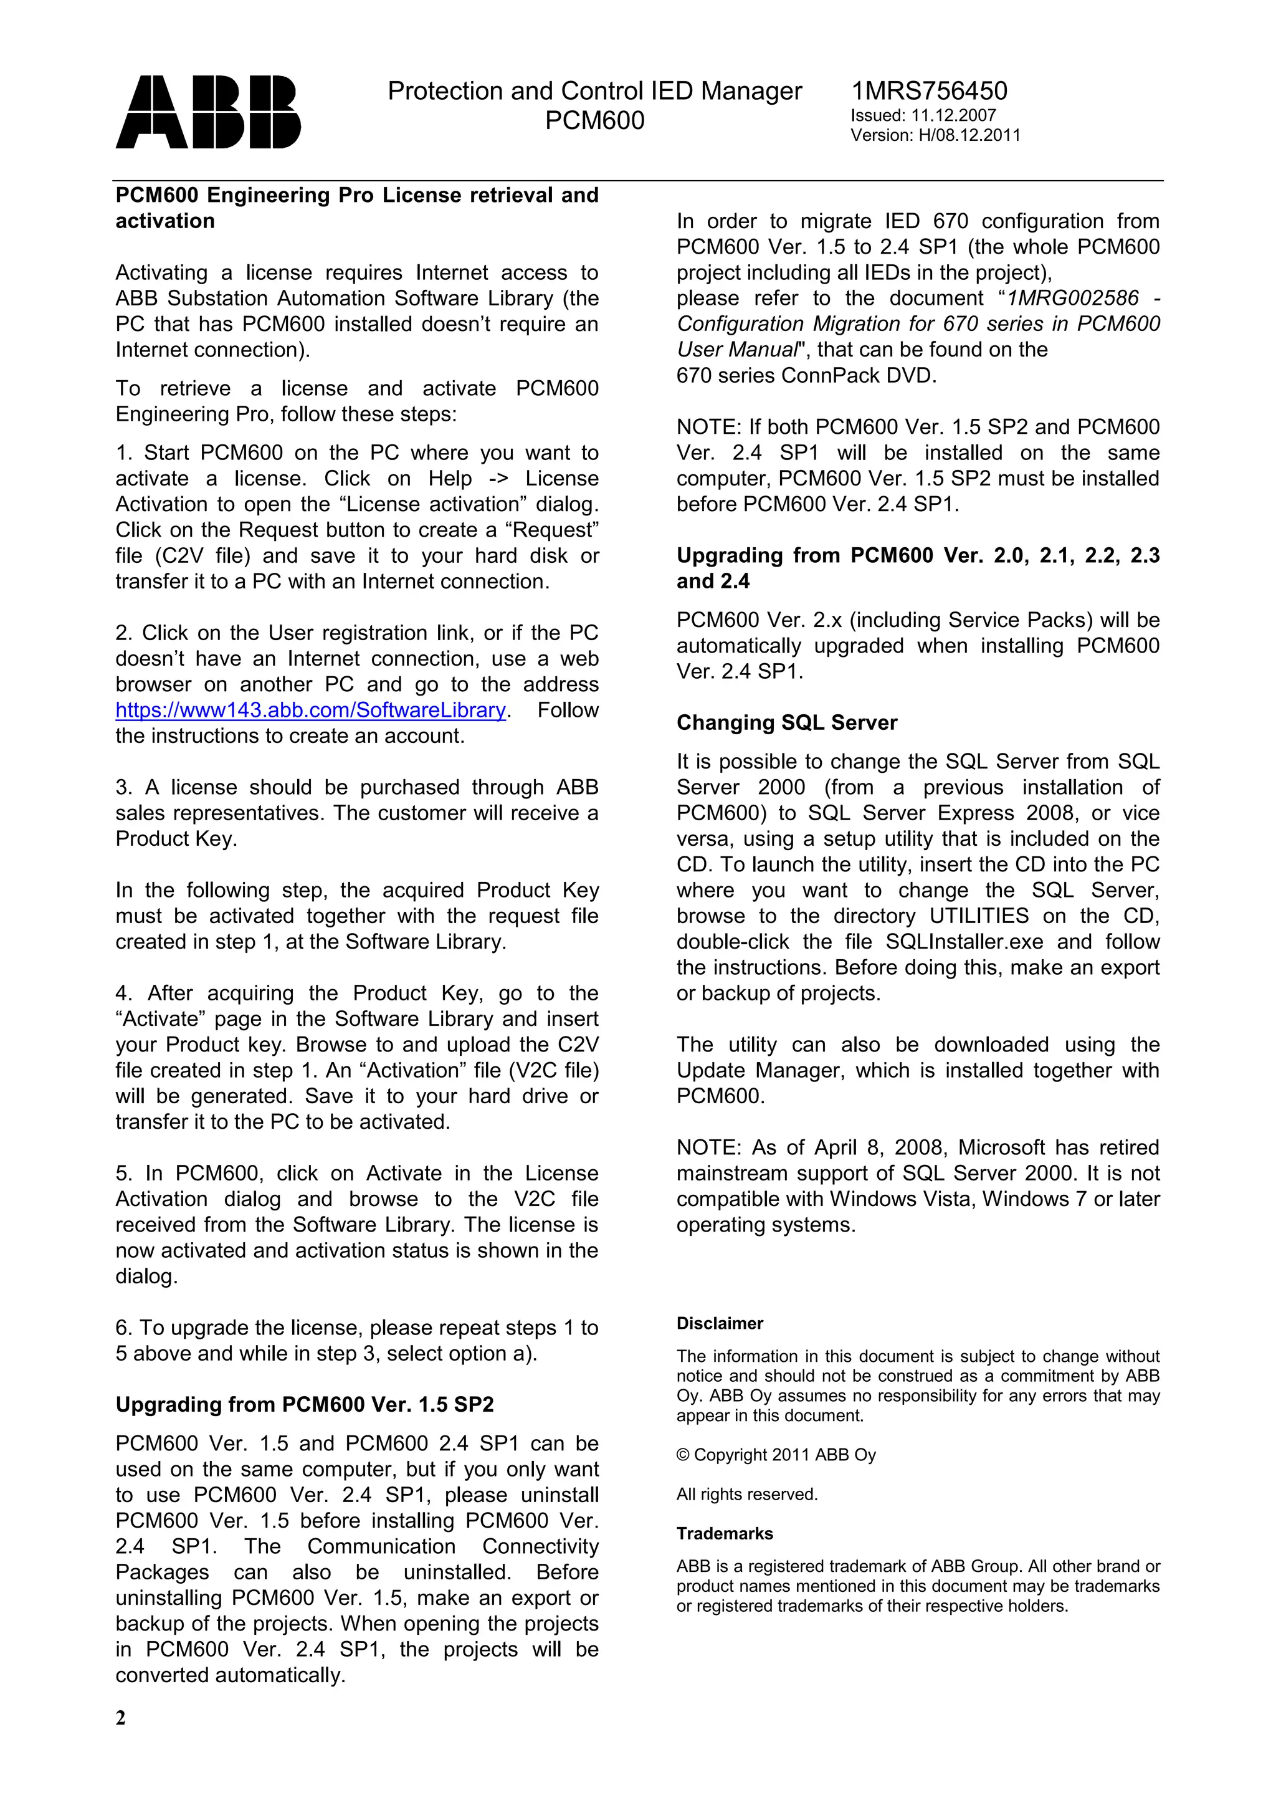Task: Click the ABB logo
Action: click(x=208, y=112)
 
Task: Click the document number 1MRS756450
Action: click(x=929, y=91)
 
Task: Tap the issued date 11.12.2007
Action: click(x=953, y=115)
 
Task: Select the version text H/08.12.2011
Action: click(x=969, y=135)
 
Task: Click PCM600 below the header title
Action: click(x=595, y=121)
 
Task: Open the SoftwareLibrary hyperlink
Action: click(x=310, y=711)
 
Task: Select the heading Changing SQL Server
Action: click(x=786, y=723)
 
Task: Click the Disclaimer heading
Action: click(x=720, y=1324)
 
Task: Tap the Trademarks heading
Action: click(x=725, y=1534)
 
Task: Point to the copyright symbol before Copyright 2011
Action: click(x=683, y=1455)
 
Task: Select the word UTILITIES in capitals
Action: click(x=978, y=916)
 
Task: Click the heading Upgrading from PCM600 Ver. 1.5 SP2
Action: click(x=305, y=1405)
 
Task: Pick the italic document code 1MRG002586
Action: click(x=1072, y=299)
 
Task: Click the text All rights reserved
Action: click(x=746, y=1495)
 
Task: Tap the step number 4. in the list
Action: click(x=124, y=993)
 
